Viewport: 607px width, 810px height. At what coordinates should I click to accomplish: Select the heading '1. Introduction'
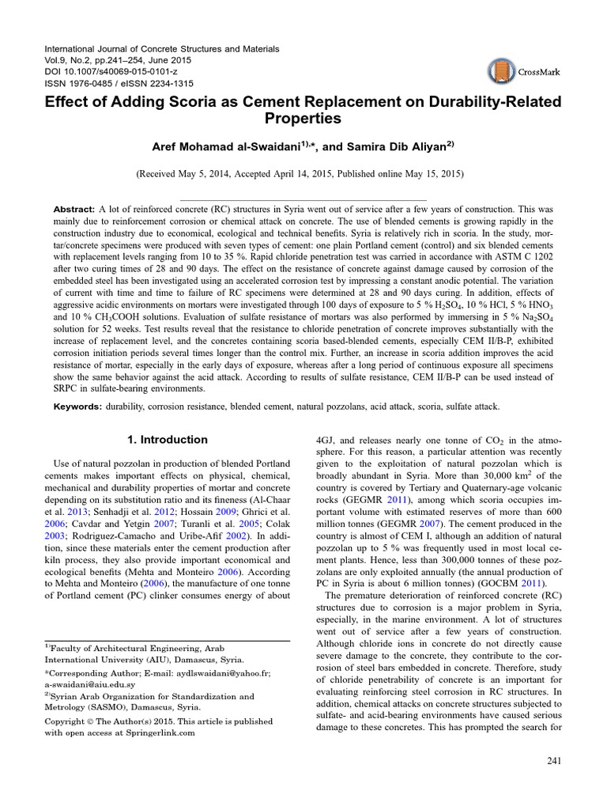pos(168,440)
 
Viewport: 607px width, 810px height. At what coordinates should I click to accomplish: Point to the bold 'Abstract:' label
pos(74,208)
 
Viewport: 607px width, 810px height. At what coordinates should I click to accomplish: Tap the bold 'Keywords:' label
pos(77,407)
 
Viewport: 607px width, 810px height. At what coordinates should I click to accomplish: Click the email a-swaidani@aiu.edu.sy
pos(89,683)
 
